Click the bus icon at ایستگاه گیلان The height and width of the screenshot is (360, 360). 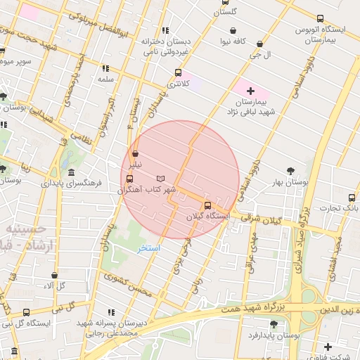point(207,206)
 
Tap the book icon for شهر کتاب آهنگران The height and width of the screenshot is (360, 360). point(161,179)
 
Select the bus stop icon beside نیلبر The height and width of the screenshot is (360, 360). point(135,153)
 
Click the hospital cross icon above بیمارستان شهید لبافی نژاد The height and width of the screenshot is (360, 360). point(250,91)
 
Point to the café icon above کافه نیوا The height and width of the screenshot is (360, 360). point(233,30)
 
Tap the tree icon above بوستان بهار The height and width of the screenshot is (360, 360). point(290,170)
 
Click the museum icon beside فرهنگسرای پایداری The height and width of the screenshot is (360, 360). point(71,173)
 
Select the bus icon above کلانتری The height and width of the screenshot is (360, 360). point(177,72)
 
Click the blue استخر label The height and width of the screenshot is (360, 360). point(150,249)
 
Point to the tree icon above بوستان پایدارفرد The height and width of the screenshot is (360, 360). point(274,324)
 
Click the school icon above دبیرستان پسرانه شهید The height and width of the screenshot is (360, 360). point(111,311)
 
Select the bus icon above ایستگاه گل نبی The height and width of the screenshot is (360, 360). point(26,312)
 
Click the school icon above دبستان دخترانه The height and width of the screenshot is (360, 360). point(165,30)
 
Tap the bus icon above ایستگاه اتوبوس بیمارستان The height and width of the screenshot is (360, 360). point(321,19)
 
